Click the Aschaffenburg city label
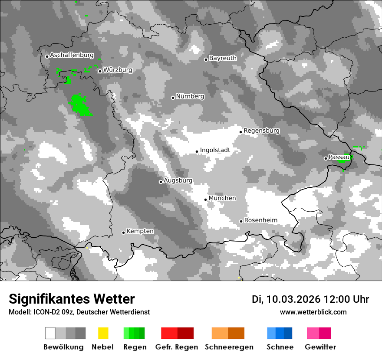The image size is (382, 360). click(x=72, y=56)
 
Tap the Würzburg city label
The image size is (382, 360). click(x=118, y=70)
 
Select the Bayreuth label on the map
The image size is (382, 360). click(x=223, y=58)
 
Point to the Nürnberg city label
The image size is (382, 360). click(x=190, y=97)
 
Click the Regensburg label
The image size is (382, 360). click(x=261, y=131)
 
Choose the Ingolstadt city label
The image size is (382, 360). click(x=215, y=151)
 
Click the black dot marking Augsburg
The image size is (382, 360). click(x=161, y=182)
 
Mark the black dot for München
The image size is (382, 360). click(x=206, y=200)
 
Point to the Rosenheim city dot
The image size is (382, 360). click(x=241, y=221)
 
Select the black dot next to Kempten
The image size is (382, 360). click(x=124, y=232)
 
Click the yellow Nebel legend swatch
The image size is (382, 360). click(x=103, y=333)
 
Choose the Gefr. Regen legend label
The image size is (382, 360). click(x=177, y=347)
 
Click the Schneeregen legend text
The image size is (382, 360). click(x=229, y=347)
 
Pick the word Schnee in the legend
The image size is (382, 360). click(x=280, y=347)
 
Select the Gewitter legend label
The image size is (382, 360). click(x=320, y=347)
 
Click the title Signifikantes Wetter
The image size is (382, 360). click(x=72, y=299)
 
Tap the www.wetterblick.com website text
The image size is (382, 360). click(x=313, y=312)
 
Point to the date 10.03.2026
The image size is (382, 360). click(x=293, y=299)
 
